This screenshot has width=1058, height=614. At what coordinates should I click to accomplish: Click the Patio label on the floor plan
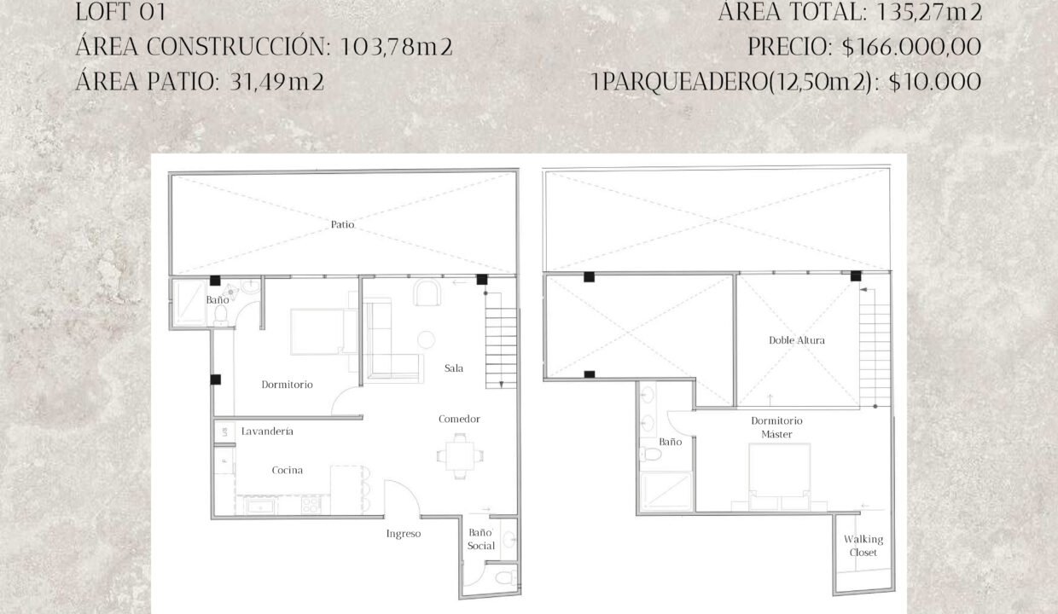(x=342, y=224)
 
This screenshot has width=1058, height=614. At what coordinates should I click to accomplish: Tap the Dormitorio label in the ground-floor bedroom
(x=288, y=385)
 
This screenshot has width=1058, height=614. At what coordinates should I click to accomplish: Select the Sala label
(x=454, y=368)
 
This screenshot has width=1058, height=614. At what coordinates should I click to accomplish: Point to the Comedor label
(x=459, y=419)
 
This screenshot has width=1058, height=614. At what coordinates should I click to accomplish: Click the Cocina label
(x=288, y=470)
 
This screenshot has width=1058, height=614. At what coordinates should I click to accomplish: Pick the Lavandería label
(x=267, y=431)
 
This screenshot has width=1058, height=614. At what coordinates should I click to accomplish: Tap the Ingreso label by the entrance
(x=404, y=534)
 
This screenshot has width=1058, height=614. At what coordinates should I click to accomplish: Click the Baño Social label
(x=481, y=539)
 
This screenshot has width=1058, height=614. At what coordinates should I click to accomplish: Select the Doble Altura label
(x=797, y=340)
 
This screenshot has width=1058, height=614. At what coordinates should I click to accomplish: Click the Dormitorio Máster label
(x=776, y=427)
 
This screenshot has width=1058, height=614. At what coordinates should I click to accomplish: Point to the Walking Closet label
(x=863, y=546)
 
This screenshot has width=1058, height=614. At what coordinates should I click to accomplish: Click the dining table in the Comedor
(x=460, y=456)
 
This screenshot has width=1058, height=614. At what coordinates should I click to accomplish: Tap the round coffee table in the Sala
(x=426, y=339)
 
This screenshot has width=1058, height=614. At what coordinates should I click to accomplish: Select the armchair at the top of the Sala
(x=427, y=293)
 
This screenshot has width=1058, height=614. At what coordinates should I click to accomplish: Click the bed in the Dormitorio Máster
(x=779, y=477)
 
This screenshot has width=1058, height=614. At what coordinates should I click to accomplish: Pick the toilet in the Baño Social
(x=505, y=577)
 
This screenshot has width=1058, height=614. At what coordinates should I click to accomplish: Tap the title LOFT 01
(x=120, y=12)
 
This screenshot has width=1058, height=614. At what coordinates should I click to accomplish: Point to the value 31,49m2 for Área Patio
(x=276, y=82)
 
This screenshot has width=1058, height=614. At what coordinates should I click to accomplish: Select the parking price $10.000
(x=935, y=82)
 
